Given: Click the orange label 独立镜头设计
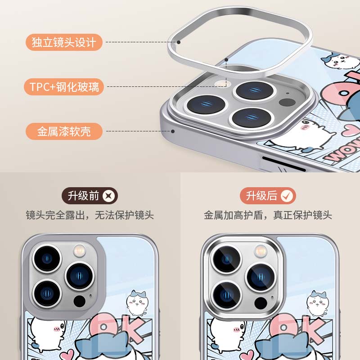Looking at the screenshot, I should [x=64, y=42].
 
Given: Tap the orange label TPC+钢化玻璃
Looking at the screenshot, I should [x=64, y=86].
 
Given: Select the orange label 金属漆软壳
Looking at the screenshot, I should [x=64, y=131].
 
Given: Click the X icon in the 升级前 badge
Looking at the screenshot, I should [x=109, y=196].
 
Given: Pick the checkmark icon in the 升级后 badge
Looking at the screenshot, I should [x=287, y=196].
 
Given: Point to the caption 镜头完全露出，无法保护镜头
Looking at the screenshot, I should [x=90, y=215].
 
